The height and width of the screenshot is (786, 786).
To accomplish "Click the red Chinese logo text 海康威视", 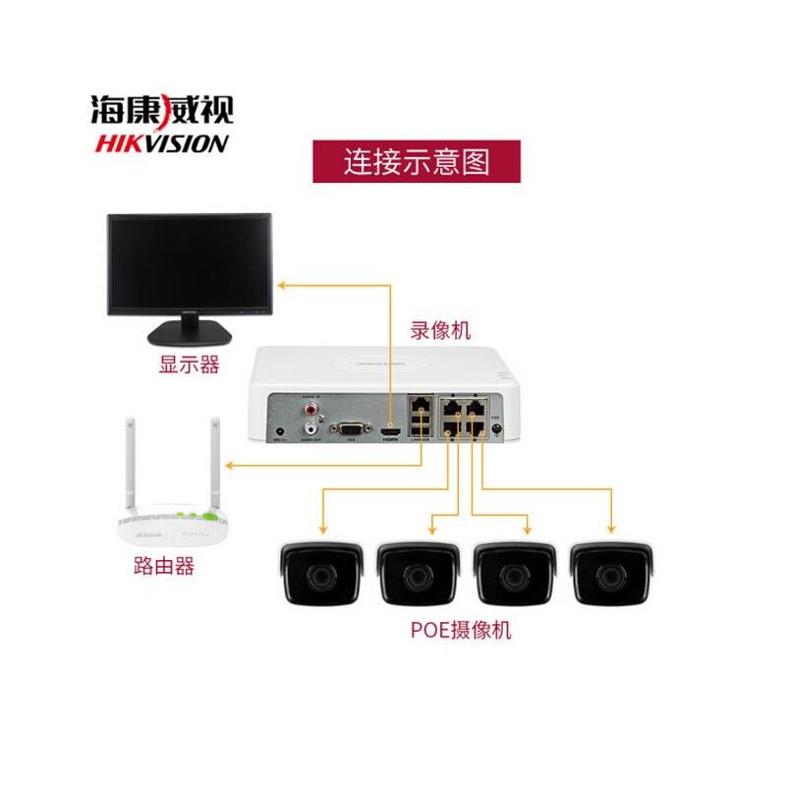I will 162,106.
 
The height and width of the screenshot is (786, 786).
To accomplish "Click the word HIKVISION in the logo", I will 162,143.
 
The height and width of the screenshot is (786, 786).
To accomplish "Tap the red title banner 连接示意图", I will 416,160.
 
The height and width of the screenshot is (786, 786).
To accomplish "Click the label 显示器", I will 189,367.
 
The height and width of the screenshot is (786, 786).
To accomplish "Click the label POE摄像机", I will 461,630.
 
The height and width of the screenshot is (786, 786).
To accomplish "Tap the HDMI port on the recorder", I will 390,429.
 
